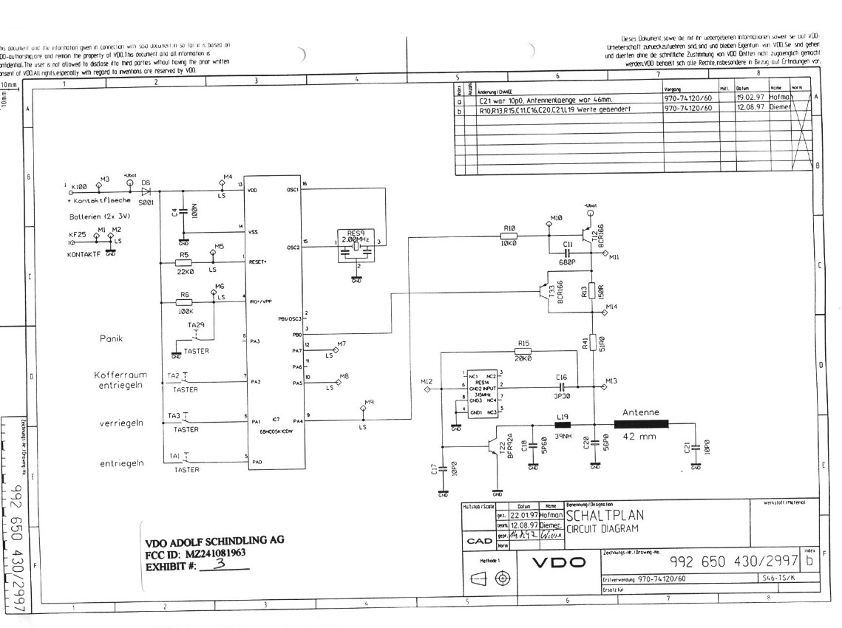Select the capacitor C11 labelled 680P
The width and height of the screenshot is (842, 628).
568,253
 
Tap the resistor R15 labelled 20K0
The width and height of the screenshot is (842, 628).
523,349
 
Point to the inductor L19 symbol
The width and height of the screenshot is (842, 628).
563,426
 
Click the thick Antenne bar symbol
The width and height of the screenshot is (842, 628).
645,423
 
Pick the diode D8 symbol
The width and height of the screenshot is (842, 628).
146,191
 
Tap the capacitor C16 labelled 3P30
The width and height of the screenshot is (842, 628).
562,386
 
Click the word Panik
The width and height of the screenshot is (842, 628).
110,339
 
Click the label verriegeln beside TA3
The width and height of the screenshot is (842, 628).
121,423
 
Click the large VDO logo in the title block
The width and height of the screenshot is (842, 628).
559,562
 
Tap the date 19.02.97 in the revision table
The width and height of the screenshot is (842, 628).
750,97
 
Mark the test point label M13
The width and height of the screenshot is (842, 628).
611,381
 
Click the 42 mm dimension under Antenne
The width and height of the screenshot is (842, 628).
639,437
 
